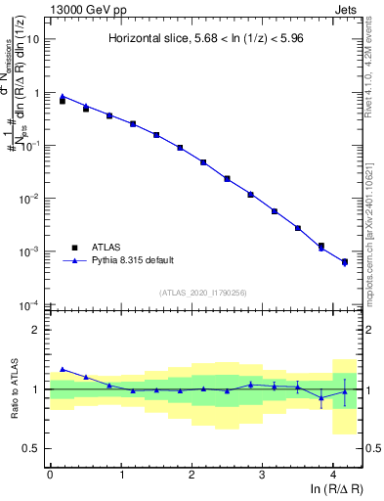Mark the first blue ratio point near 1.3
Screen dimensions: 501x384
point(63,369)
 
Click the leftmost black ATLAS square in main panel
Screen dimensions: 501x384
point(63,101)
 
